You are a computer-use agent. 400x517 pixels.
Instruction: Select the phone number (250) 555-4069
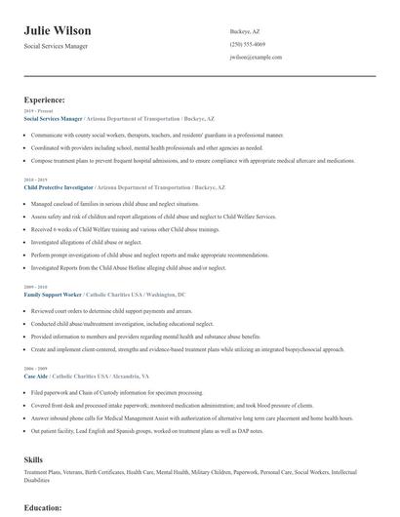click(x=248, y=44)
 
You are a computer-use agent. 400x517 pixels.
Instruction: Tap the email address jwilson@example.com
click(x=256, y=58)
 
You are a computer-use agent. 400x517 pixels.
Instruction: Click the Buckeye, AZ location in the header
click(x=245, y=31)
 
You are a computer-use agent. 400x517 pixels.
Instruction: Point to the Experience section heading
click(x=45, y=99)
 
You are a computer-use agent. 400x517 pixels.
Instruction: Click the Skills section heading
click(x=34, y=457)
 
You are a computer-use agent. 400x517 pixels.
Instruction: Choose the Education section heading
click(x=43, y=508)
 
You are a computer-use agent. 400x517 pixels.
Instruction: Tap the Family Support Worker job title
click(x=52, y=293)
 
